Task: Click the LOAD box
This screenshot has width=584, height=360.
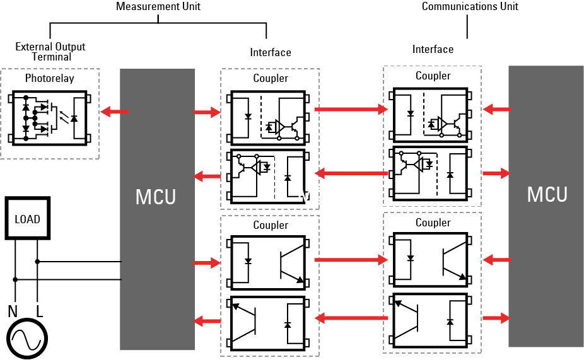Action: tap(27, 219)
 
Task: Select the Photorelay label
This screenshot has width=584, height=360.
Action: tap(49, 79)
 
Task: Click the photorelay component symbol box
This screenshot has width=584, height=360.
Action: tap(49, 118)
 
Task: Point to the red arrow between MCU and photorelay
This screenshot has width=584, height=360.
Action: tap(115, 112)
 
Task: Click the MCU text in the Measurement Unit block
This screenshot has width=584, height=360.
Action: tap(156, 197)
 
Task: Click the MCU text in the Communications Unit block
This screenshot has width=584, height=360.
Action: tap(547, 194)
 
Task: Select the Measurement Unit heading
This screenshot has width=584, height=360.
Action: tap(158, 7)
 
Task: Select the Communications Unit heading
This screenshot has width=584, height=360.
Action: tap(470, 7)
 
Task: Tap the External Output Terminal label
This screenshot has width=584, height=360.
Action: tap(50, 52)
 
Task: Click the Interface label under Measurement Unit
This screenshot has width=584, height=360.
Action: tap(271, 52)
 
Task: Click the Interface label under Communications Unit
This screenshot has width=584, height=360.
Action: tap(433, 49)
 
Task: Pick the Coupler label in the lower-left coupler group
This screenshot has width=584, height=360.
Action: tap(271, 225)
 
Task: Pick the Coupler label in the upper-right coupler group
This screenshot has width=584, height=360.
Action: tap(433, 76)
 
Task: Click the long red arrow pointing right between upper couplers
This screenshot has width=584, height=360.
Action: tap(350, 109)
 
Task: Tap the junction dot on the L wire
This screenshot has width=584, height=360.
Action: tap(37, 261)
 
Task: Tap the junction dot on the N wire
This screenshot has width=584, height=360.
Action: tap(15, 279)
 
